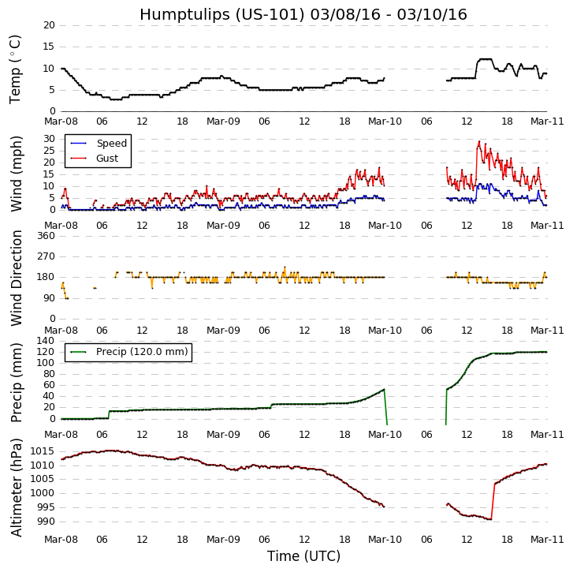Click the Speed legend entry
111,144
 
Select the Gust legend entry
107,159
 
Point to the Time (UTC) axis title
303,556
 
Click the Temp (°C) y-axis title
16,69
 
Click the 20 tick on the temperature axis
49,25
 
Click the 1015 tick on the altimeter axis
43,451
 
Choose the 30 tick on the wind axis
49,139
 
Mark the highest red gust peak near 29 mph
479,142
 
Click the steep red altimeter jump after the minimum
493,501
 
